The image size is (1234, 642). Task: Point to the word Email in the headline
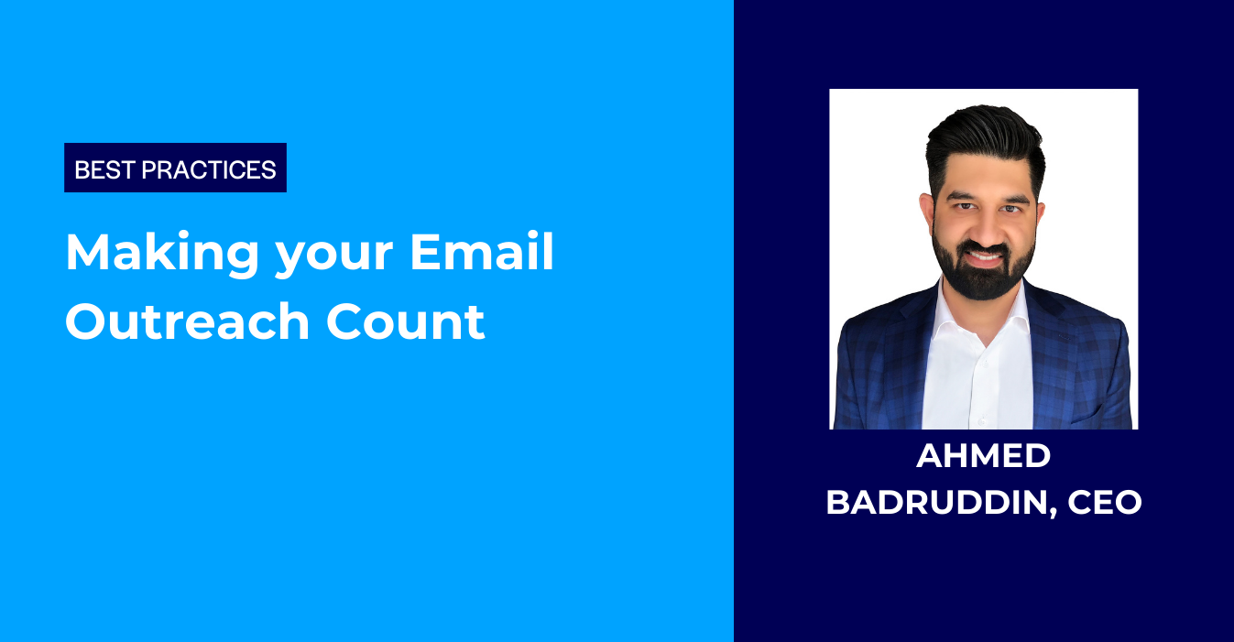click(x=482, y=252)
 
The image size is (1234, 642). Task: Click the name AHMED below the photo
click(x=984, y=457)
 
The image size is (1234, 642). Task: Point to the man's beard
click(x=984, y=275)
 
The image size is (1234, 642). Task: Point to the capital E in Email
click(x=424, y=252)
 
